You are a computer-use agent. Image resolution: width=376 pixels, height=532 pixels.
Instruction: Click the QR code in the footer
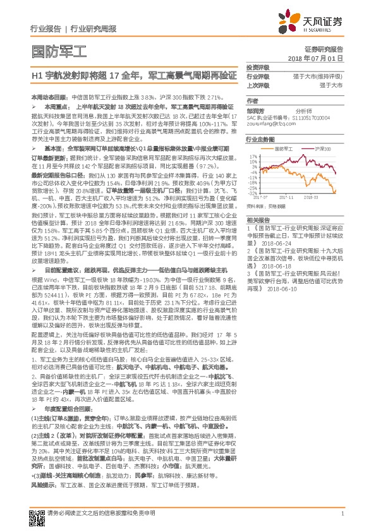coord(36,516)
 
